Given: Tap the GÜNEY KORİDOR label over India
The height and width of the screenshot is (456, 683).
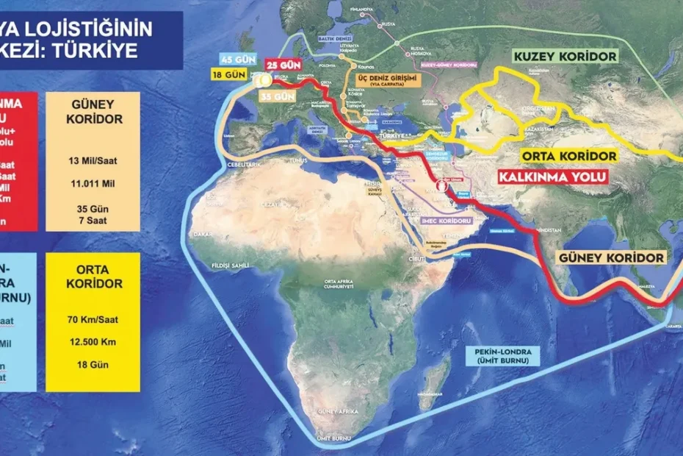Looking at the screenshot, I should click(611, 258).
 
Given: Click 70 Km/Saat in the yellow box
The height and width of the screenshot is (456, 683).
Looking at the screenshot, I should click(93, 319).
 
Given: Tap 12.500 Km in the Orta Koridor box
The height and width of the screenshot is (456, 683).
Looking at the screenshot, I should click(93, 342).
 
